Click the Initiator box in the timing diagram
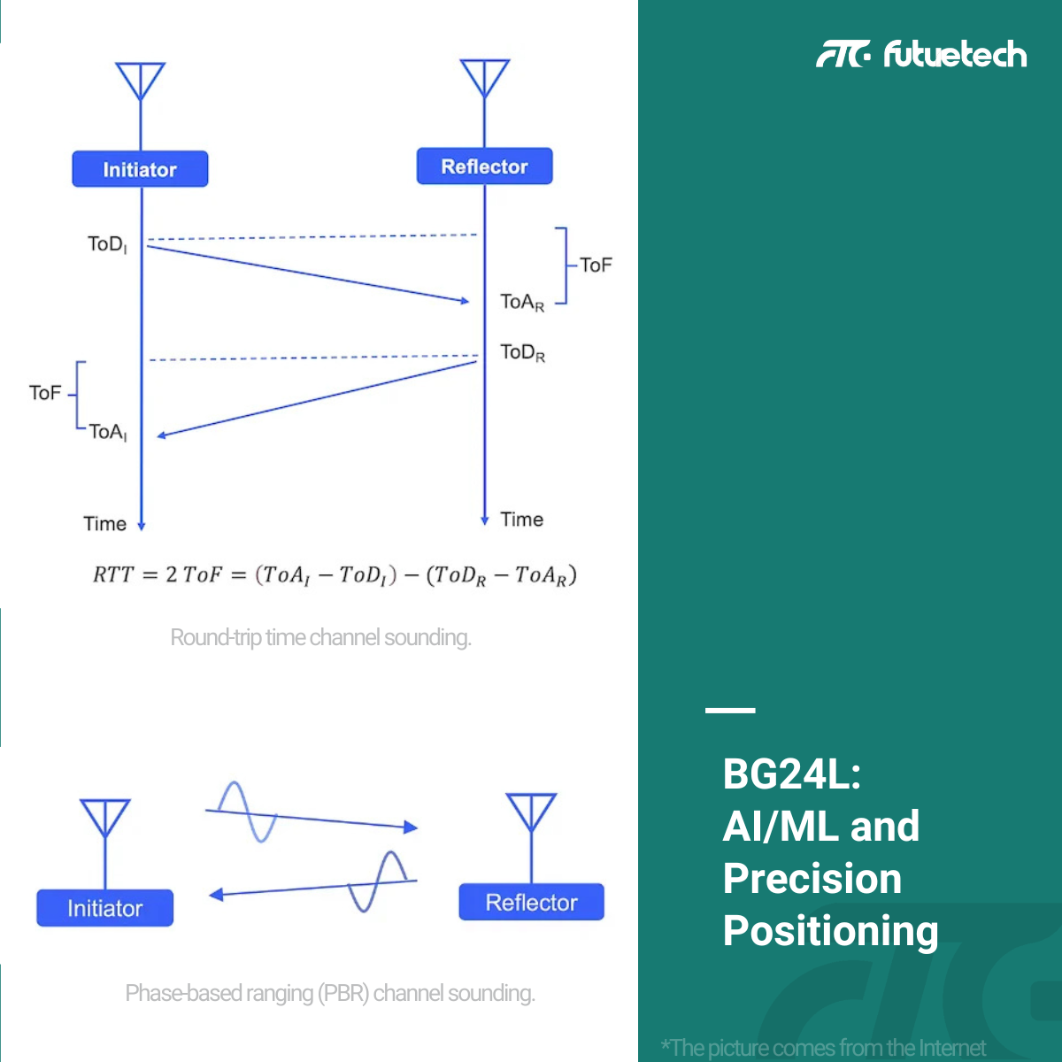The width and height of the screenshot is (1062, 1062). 140,169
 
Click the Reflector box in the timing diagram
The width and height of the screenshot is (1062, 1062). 484,165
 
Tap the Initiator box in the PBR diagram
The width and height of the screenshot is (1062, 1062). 104,908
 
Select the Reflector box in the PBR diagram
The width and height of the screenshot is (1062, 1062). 531,902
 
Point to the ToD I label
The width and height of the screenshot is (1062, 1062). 107,244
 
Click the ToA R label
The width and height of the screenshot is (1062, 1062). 522,303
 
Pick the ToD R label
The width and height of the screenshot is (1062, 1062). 522,353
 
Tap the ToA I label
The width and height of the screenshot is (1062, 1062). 108,433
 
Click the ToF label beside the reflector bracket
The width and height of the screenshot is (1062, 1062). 596,265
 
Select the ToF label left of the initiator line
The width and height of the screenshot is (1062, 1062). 44,393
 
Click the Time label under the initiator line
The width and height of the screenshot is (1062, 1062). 104,524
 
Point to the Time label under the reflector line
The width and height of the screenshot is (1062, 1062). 521,519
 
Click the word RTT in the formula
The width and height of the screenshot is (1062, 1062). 113,575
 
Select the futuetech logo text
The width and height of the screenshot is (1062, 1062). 955,54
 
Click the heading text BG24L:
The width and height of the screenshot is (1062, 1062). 791,773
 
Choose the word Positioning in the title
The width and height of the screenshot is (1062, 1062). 830,931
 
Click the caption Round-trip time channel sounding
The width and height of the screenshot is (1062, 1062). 320,637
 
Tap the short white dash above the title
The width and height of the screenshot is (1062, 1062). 730,711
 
